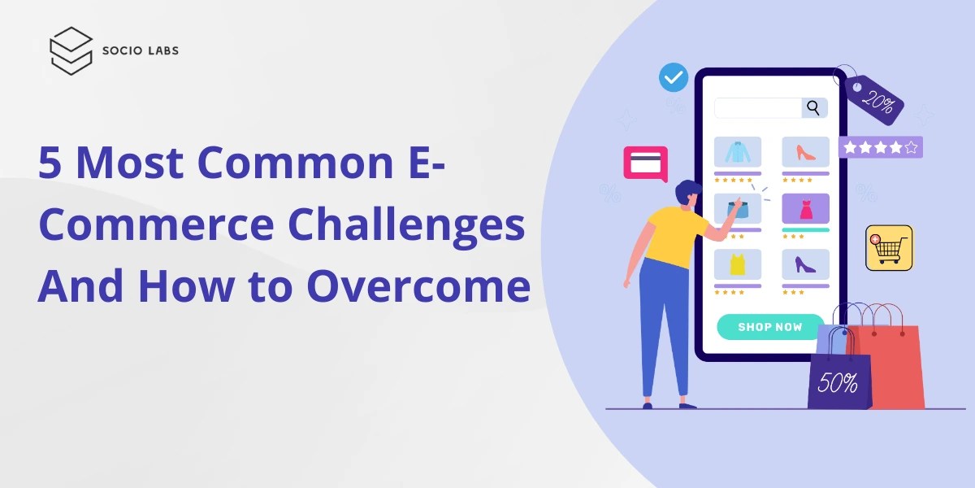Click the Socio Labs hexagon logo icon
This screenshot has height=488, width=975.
[71, 50]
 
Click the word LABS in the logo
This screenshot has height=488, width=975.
[162, 50]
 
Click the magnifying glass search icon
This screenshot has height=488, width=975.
[812, 108]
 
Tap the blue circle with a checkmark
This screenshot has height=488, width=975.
[674, 78]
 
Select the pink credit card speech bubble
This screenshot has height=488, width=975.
[645, 163]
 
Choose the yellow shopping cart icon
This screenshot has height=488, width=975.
[889, 247]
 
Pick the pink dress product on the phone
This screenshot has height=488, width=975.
[805, 209]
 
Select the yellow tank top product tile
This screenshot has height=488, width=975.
[738, 264]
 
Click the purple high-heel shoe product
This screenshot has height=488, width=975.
[805, 264]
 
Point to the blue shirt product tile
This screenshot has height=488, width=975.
[738, 152]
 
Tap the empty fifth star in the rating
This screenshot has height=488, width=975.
[911, 148]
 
